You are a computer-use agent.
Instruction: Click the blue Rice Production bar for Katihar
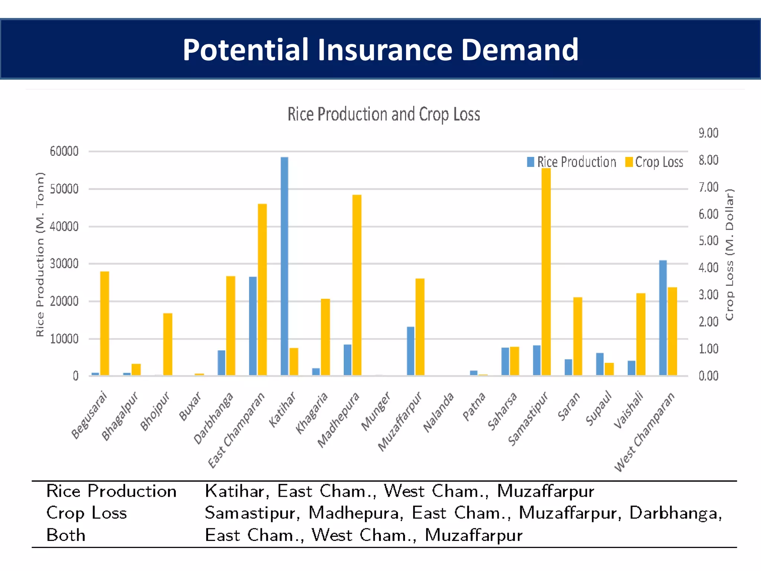[x=284, y=266]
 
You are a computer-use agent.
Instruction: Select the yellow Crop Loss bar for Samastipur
[x=546, y=271]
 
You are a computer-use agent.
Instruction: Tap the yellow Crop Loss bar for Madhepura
[x=357, y=284]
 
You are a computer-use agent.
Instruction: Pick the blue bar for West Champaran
[x=663, y=318]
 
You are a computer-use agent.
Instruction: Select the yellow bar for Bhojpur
[x=168, y=344]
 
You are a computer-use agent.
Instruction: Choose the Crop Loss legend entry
[x=654, y=162]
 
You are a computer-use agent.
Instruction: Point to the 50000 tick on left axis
[x=64, y=189]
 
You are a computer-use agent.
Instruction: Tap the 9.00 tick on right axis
[x=708, y=133]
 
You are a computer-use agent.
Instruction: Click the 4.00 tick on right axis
[x=708, y=268]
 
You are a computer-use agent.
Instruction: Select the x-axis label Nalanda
[x=439, y=413]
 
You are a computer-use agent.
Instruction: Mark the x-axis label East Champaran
[x=236, y=430]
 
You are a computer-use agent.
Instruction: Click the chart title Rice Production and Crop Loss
[x=383, y=114]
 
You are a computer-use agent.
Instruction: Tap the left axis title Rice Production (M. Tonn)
[x=40, y=255]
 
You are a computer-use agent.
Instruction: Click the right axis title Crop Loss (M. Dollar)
[x=729, y=255]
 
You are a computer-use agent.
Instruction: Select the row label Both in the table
[x=66, y=535]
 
